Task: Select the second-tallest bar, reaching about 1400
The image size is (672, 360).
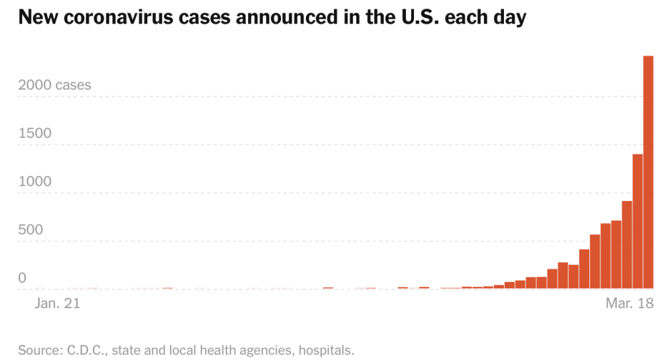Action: pyautogui.click(x=638, y=222)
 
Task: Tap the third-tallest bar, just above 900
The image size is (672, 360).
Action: pyautogui.click(x=627, y=245)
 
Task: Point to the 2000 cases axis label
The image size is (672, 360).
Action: pyautogui.click(x=54, y=85)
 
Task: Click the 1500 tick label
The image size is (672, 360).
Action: pyautogui.click(x=35, y=133)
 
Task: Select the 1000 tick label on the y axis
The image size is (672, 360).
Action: pyautogui.click(x=35, y=181)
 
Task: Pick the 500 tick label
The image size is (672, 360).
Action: pyautogui.click(x=31, y=230)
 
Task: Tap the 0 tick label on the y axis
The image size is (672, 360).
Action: pyautogui.click(x=22, y=278)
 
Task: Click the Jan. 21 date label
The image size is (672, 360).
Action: pyautogui.click(x=57, y=304)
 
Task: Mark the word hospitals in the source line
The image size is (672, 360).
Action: pyautogui.click(x=327, y=350)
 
